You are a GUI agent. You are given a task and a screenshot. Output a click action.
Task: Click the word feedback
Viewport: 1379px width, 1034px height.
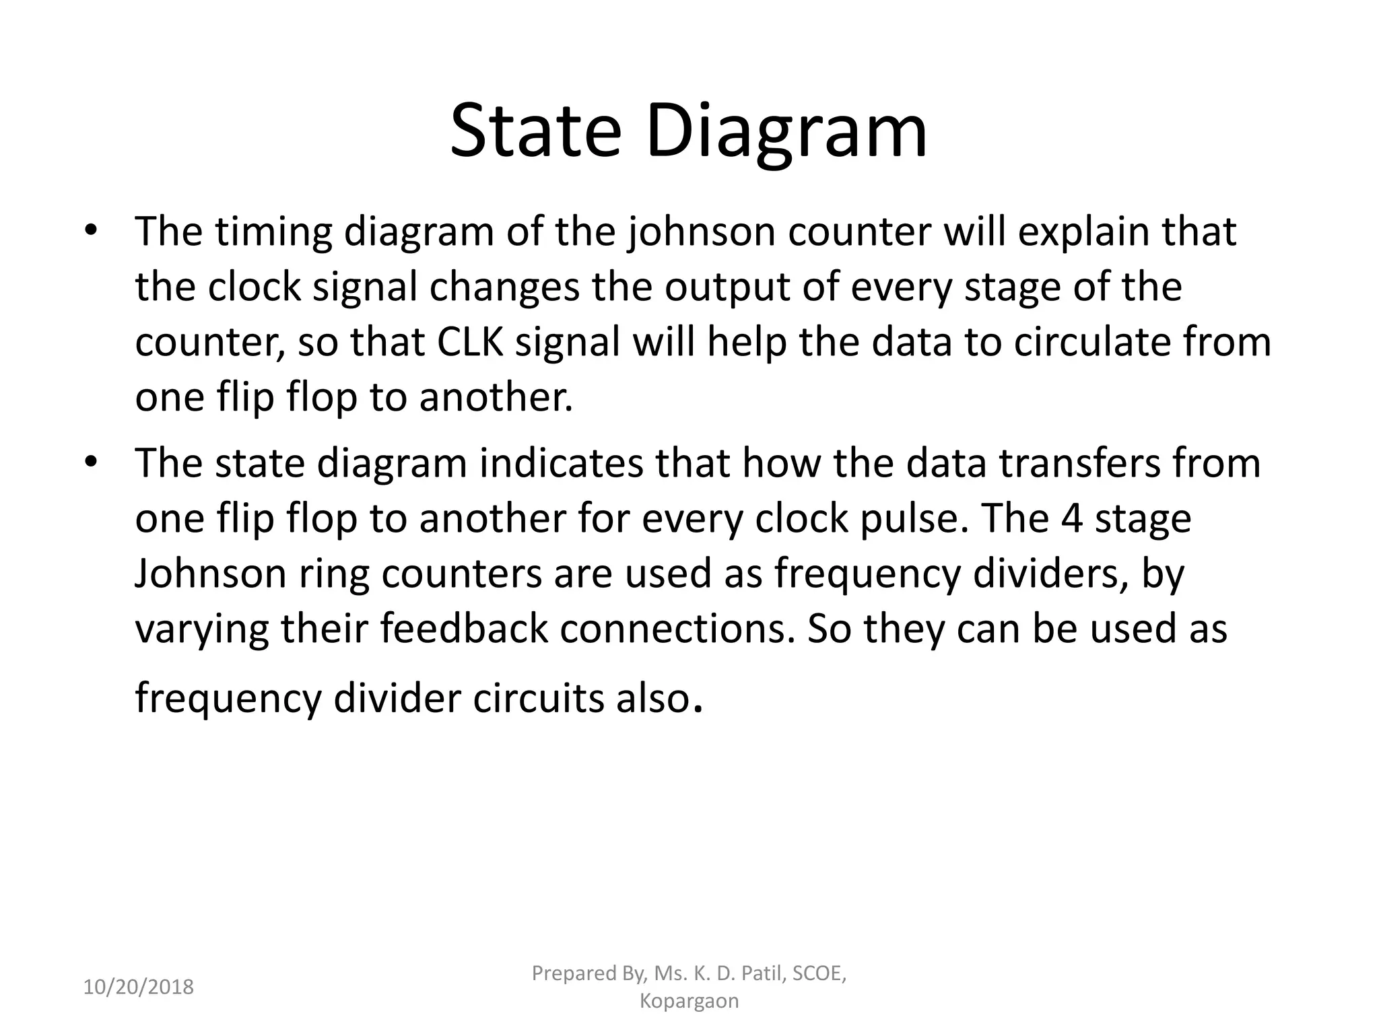(x=464, y=629)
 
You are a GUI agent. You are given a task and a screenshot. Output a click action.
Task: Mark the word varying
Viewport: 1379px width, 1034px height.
(x=201, y=629)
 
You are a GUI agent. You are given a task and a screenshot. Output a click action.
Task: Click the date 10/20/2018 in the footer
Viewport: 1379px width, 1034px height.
(x=138, y=988)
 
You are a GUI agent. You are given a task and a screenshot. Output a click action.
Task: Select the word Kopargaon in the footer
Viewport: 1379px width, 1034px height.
(x=689, y=1001)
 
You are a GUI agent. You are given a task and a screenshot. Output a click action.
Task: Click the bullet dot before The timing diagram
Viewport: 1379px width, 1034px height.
(x=92, y=231)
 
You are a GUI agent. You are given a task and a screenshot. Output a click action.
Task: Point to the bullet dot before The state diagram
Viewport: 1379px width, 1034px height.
(x=92, y=462)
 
